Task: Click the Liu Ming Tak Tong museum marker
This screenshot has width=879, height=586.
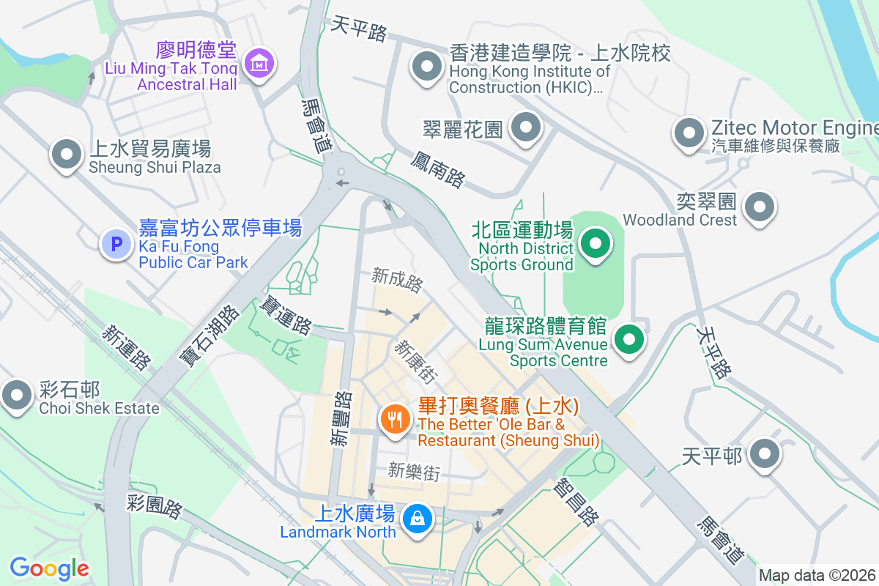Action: pos(259,64)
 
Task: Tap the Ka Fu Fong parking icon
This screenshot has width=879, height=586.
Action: pos(116,244)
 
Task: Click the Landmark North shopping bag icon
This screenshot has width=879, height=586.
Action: pos(417,519)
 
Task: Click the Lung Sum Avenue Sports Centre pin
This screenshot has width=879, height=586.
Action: pos(628,340)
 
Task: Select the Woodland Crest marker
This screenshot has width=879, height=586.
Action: pos(760,207)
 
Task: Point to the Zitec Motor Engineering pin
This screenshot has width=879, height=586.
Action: pos(689,134)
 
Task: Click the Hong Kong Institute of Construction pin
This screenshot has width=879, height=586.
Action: pos(426,67)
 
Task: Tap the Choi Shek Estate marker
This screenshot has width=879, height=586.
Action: pos(16,396)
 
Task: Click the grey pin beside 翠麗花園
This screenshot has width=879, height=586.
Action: pos(525,128)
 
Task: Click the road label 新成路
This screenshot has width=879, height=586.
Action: pos(398,278)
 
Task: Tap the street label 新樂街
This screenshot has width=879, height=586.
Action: pos(414,471)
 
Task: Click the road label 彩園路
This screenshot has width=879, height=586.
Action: pos(154,505)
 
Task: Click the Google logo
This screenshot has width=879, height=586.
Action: pos(49,568)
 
